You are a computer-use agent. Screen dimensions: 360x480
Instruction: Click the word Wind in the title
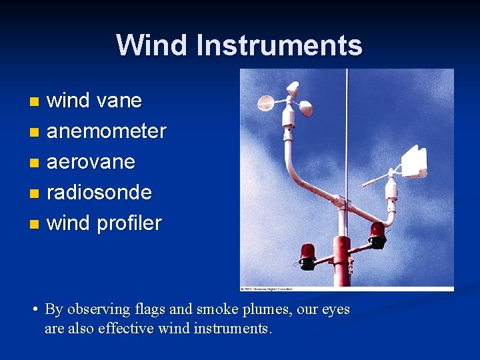click(x=152, y=45)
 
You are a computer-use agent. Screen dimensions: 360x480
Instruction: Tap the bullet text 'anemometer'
click(x=106, y=131)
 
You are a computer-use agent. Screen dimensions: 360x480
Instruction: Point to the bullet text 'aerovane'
click(x=91, y=161)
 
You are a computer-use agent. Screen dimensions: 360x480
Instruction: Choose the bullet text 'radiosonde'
click(x=99, y=192)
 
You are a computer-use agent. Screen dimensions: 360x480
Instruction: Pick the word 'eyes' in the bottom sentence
click(x=335, y=309)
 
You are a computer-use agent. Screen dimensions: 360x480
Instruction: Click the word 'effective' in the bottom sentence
click(x=125, y=328)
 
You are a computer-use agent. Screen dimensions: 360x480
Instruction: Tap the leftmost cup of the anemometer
click(x=265, y=103)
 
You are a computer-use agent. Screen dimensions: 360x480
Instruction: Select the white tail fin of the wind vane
click(x=414, y=161)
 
